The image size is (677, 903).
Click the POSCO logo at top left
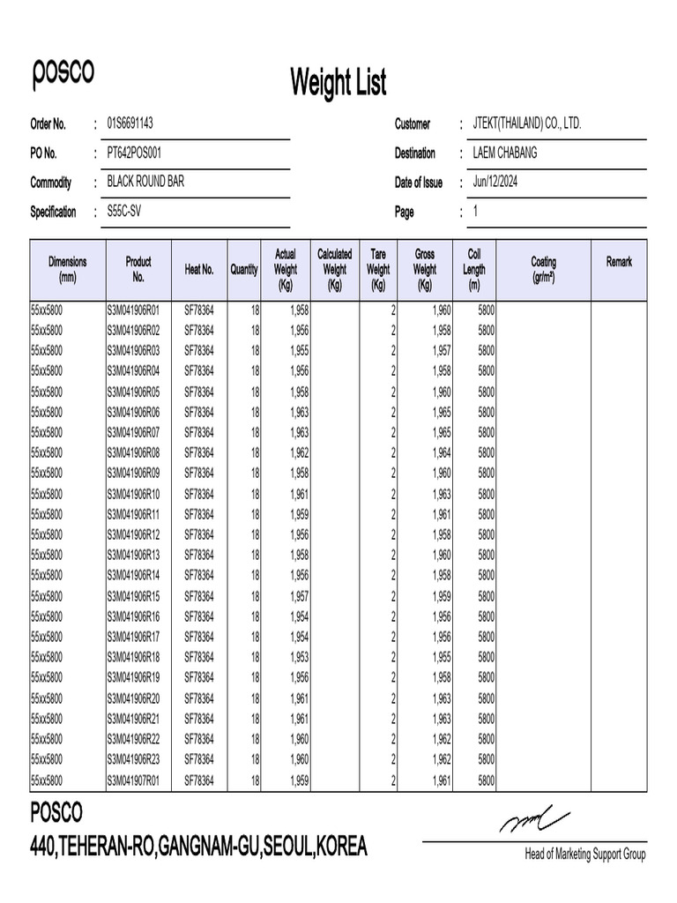63,73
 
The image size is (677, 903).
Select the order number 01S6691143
136,123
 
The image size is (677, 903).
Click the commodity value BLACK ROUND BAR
145,182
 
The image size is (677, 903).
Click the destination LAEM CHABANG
504,153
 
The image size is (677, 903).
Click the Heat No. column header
199,269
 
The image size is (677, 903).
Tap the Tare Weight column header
378,269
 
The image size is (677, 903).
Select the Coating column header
543,269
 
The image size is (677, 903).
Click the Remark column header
619,262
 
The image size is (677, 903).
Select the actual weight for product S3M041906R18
299,657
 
